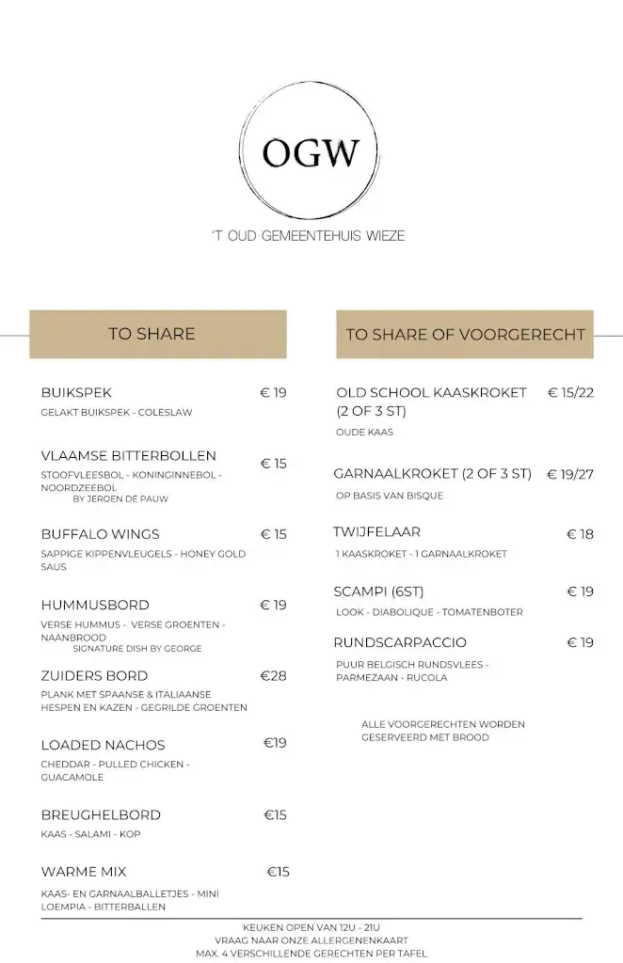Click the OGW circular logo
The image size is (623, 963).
coord(310,150)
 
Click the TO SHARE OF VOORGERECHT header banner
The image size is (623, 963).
coord(465,334)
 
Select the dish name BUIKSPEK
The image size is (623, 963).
coord(76,392)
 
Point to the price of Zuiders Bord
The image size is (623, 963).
coord(273,675)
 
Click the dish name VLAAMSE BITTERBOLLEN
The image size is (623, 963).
coord(129,455)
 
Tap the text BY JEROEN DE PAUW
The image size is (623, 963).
coord(120,498)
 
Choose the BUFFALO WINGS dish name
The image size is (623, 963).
coord(101,534)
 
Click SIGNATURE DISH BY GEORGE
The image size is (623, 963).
coord(137,648)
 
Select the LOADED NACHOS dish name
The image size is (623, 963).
coord(104,745)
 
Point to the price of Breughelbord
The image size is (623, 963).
coord(275,814)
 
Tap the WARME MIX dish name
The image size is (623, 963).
coord(84,872)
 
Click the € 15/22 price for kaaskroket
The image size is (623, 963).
coord(570,392)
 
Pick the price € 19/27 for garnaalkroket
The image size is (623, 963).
coord(570,474)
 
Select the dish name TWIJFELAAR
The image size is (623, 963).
coord(376,532)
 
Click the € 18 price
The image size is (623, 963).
coord(580,534)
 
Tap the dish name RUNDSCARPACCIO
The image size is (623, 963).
coord(400,642)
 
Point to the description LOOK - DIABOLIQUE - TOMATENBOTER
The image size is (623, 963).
coord(429,612)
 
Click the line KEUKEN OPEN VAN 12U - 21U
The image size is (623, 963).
coord(311,927)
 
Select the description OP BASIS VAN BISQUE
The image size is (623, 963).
coord(390,496)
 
